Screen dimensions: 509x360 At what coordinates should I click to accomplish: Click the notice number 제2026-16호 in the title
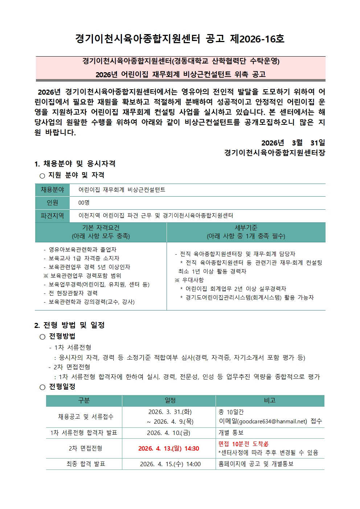[257, 39]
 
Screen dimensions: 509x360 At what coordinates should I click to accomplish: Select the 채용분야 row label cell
[53, 190]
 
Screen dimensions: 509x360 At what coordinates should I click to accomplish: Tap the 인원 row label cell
[53, 203]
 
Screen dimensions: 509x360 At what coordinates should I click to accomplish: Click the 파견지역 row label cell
[53, 216]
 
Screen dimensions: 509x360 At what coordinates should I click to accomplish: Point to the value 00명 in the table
[84, 203]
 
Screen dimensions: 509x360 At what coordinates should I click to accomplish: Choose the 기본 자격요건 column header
[101, 232]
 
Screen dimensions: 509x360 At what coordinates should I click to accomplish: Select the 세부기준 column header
[246, 232]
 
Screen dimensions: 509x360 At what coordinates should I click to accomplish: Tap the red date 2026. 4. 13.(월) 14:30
[169, 448]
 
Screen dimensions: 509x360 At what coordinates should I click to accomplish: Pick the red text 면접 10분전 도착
[243, 444]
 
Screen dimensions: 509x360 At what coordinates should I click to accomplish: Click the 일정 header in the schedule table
[170, 401]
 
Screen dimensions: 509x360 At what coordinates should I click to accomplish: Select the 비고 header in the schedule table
[270, 401]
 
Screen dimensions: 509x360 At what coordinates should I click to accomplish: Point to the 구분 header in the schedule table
[84, 401]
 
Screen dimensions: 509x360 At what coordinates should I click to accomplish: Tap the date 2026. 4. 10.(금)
[168, 433]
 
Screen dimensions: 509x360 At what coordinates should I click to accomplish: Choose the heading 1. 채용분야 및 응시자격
[75, 164]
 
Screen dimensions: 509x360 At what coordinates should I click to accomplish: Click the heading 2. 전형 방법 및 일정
[70, 325]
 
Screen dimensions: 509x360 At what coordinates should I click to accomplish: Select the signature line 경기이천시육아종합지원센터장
[274, 152]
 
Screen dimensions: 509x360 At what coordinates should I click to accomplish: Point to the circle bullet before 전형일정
[42, 387]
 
